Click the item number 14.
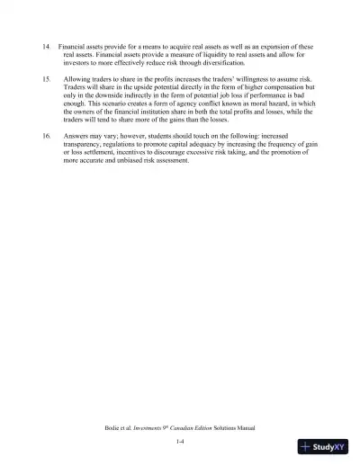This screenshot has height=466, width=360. coord(46,47)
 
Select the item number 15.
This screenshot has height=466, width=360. coord(46,79)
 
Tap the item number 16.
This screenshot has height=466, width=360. coord(46,135)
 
